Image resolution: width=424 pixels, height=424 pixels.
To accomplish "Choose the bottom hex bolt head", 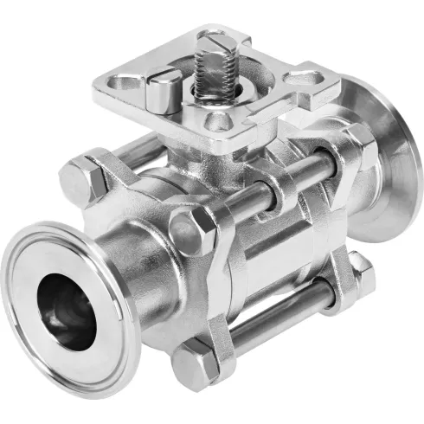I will [191, 364].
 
